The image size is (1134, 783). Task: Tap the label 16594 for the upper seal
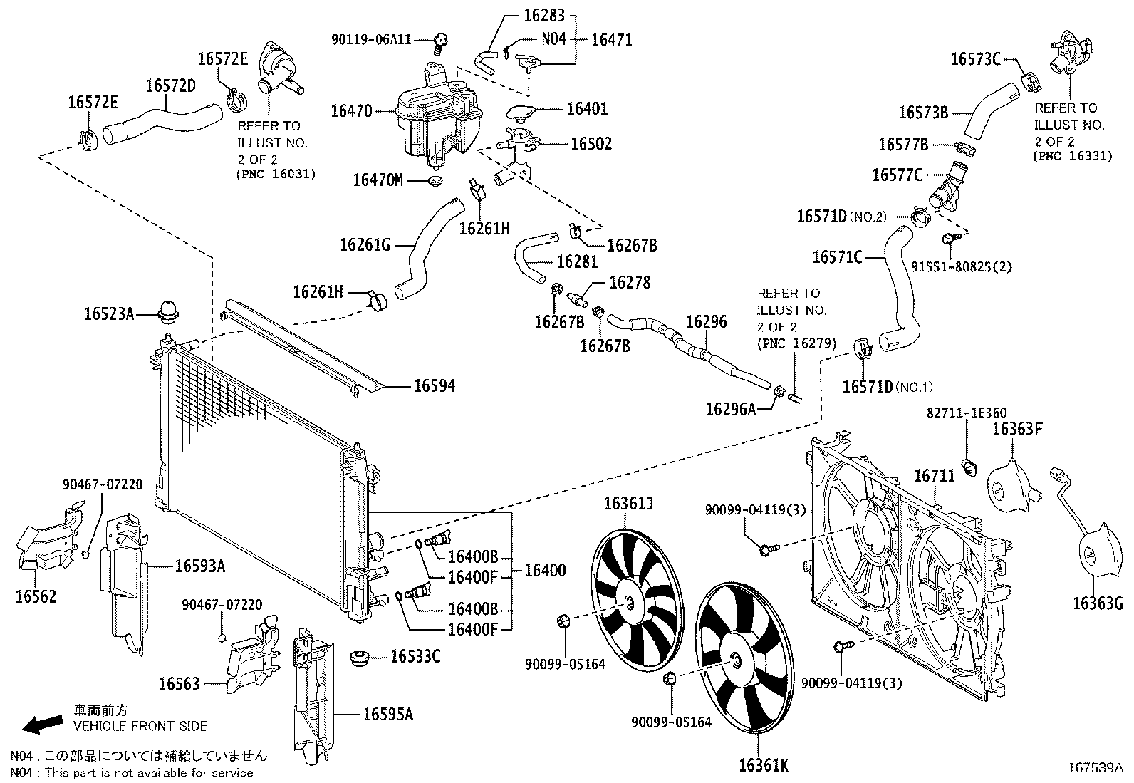(x=435, y=386)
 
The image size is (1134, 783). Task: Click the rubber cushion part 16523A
(x=169, y=312)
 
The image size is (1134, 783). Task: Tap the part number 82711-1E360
(x=966, y=413)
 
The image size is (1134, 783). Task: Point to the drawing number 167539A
(x=1094, y=767)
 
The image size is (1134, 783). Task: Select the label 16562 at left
(x=35, y=596)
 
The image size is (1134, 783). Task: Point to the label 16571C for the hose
(x=837, y=256)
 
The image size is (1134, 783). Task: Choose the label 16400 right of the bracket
(x=545, y=570)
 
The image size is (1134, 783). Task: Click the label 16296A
(x=731, y=409)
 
